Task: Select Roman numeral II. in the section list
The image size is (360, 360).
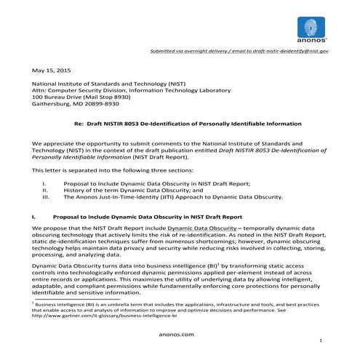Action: pyautogui.click(x=45, y=190)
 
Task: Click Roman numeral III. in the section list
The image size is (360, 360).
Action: pyautogui.click(x=46, y=196)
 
